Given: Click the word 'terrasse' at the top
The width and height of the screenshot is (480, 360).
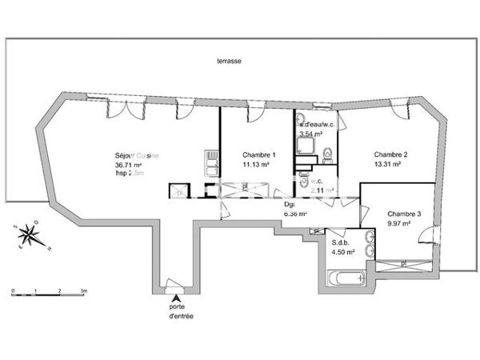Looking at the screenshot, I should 229,61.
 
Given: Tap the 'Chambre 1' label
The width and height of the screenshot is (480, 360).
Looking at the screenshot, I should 258,154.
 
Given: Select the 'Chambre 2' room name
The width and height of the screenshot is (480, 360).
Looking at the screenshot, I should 391,154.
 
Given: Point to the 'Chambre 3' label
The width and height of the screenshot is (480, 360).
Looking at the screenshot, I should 404,214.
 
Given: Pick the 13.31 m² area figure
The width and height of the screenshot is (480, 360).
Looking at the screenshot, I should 386,165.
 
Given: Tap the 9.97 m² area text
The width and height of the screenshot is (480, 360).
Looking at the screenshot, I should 399,224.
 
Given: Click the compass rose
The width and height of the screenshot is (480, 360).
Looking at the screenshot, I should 30,234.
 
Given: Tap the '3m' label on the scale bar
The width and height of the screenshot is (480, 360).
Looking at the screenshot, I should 83,290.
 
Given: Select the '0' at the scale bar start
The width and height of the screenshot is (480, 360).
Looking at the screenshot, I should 13,290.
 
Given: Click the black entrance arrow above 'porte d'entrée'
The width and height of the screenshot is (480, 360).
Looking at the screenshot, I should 175,298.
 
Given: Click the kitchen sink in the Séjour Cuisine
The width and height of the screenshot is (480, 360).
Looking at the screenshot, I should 211,167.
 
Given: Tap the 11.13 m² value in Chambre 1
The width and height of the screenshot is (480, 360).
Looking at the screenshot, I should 256,165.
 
